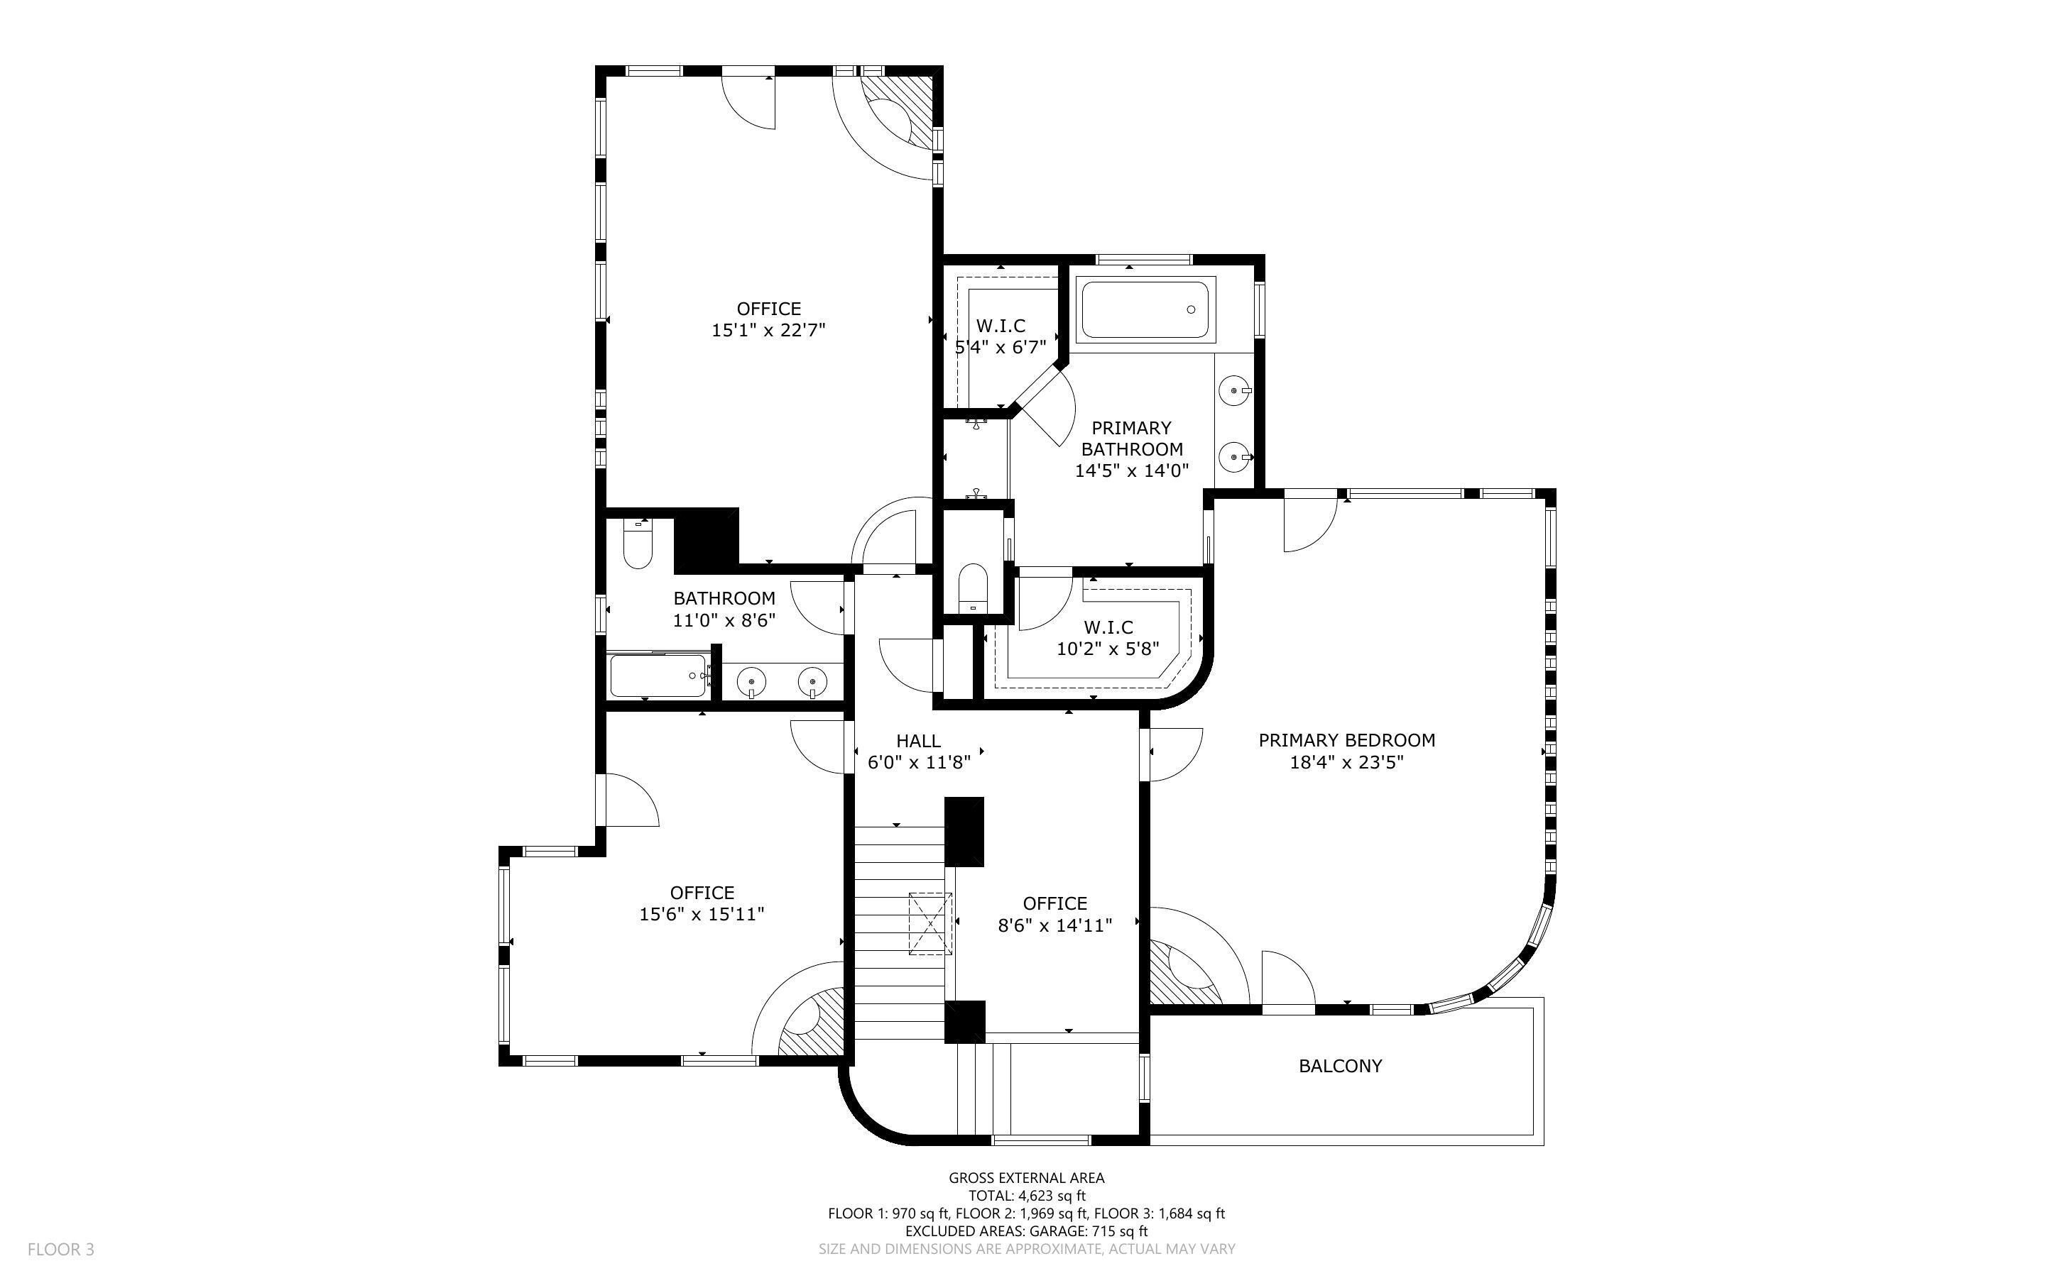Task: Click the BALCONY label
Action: [x=1340, y=1066]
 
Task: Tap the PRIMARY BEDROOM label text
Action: [x=1347, y=740]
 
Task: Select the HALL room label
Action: [x=918, y=741]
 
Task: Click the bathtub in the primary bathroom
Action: [x=1145, y=309]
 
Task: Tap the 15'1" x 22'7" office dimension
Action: [x=768, y=330]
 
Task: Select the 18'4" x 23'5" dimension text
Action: [x=1347, y=762]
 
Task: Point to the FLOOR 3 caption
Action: [x=61, y=1249]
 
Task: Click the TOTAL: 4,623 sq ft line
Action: [x=1027, y=1196]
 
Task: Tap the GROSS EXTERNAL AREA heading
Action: [x=1027, y=1178]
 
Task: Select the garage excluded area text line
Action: [x=1027, y=1231]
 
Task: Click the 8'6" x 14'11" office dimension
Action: [x=1055, y=926]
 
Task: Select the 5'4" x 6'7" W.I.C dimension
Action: [x=1001, y=347]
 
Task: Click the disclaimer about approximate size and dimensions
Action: [x=1027, y=1249]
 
